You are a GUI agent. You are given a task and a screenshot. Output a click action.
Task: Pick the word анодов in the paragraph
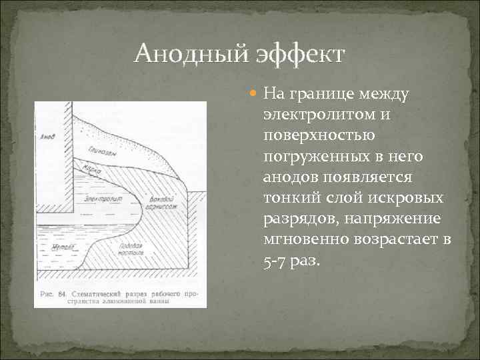(x=289, y=178)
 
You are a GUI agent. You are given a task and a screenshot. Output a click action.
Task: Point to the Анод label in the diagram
(x=47, y=138)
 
